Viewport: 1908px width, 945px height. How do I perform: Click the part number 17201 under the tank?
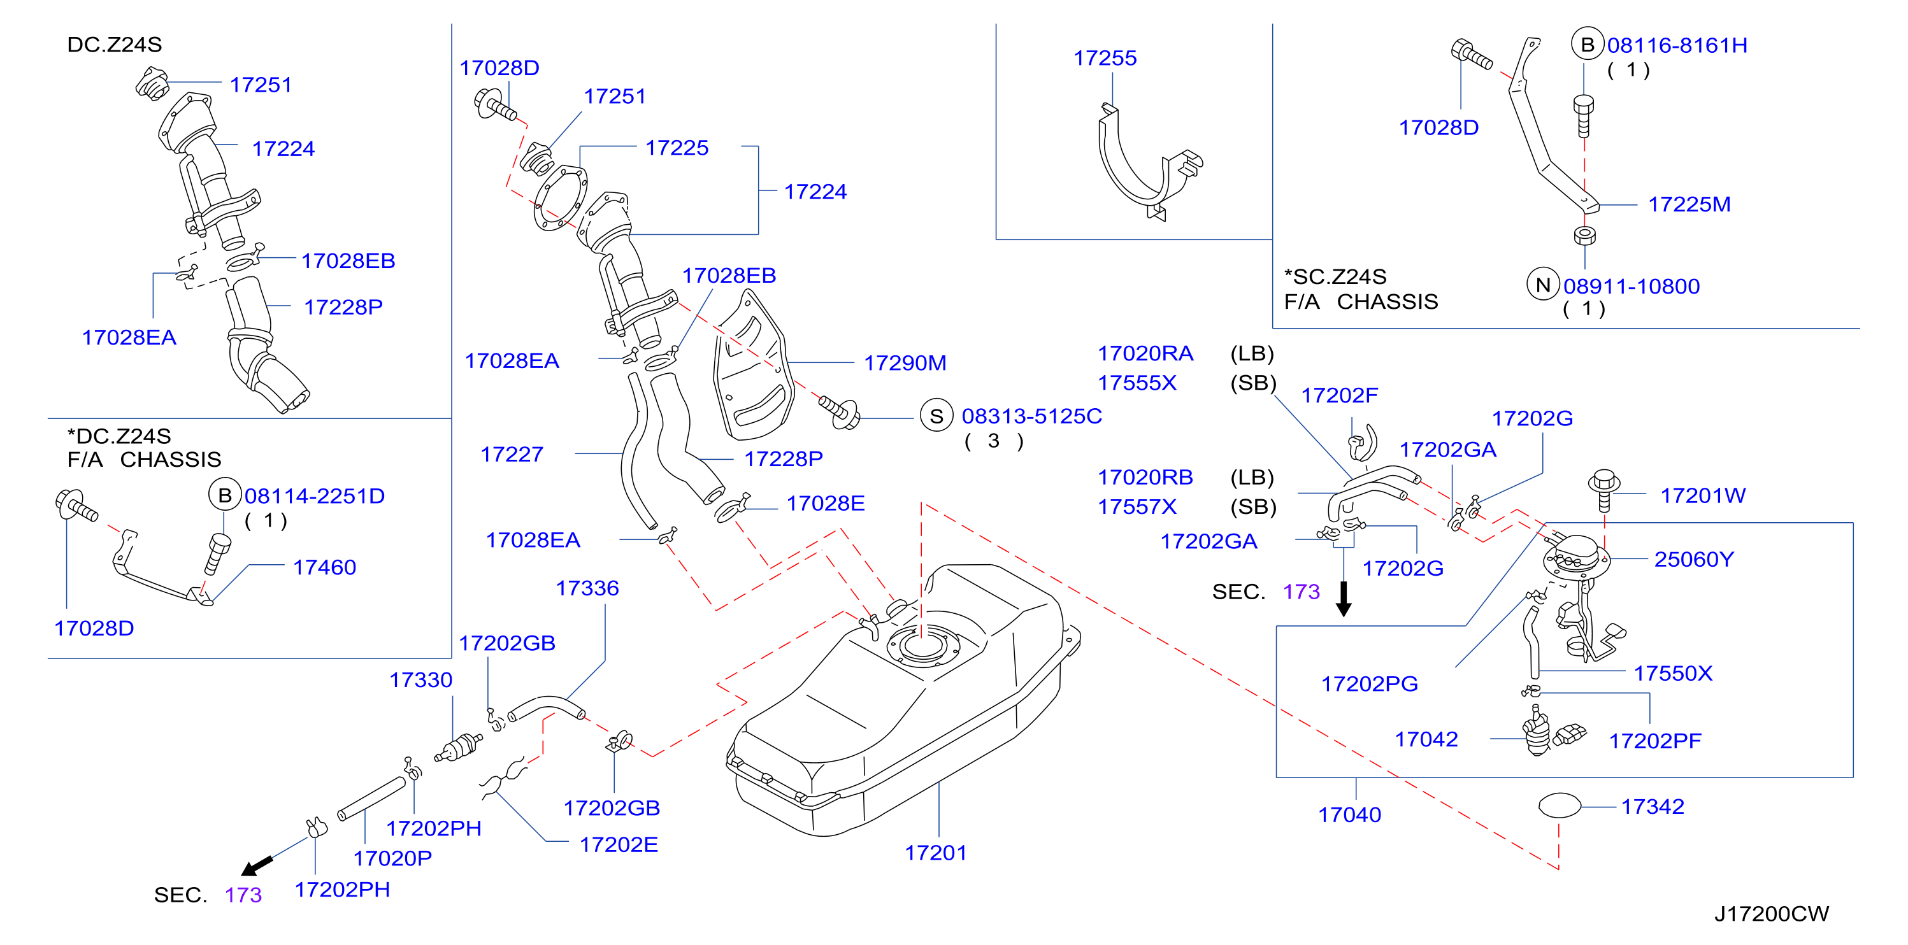point(935,853)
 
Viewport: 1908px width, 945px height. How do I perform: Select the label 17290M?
point(905,363)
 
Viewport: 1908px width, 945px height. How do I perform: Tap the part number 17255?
point(1105,58)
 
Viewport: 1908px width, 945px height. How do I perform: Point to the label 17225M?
point(1689,204)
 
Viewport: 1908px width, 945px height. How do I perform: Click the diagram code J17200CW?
point(1771,914)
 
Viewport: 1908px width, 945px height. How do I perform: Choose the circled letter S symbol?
point(936,416)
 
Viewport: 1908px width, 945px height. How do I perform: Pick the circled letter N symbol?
point(1544,285)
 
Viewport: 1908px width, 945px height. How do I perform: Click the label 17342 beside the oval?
point(1653,807)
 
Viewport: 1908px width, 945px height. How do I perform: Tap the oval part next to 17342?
point(1560,805)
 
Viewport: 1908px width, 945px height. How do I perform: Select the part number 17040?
point(1349,814)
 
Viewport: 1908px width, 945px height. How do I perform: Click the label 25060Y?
point(1694,559)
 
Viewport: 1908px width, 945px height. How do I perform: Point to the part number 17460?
point(324,567)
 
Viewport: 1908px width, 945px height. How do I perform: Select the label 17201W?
point(1703,495)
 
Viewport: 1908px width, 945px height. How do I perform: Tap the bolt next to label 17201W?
point(1603,490)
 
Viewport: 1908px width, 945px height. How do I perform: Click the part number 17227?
point(512,454)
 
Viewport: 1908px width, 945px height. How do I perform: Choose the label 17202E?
point(619,845)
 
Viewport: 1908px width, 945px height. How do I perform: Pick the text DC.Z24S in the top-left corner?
point(115,45)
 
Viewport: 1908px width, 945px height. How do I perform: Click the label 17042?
point(1426,739)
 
